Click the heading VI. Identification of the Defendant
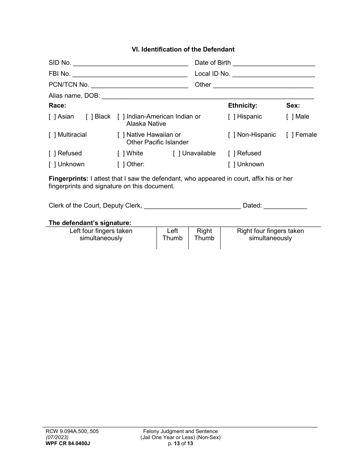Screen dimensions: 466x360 point(183,49)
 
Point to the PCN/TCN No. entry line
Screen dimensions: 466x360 point(139,85)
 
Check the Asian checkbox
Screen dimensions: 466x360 point(52,117)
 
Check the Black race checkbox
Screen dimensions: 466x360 point(89,117)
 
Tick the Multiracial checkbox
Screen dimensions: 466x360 point(52,135)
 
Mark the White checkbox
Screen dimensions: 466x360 point(121,153)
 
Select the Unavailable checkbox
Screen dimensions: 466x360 point(177,153)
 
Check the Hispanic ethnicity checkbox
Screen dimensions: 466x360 point(232,117)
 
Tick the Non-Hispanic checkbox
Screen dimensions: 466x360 point(232,135)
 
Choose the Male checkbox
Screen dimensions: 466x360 point(290,117)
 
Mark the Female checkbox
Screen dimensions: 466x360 point(290,135)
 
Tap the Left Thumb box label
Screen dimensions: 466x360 point(172,235)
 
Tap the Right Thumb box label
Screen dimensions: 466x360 point(204,235)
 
